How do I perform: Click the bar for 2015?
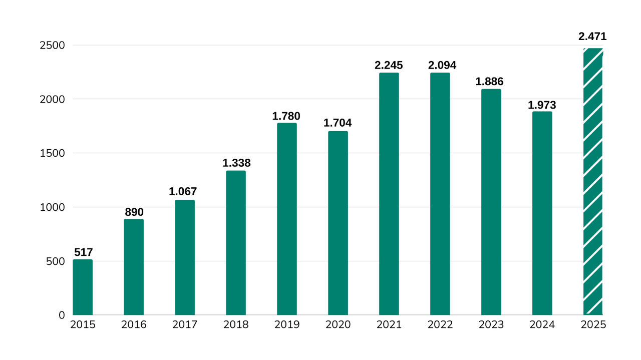83,287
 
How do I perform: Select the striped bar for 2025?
593,181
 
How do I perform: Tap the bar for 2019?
287,219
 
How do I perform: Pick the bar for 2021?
389,194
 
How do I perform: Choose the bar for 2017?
185,257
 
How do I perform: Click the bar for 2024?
542,213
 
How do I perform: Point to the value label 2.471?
592,37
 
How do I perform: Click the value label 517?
83,252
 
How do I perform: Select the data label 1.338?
236,163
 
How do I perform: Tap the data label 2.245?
389,66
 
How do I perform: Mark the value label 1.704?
338,123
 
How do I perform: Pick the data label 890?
134,212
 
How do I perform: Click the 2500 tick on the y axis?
52,46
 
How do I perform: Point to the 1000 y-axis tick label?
52,207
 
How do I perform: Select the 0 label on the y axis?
62,315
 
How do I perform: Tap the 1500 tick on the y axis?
52,153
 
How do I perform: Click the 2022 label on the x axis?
440,325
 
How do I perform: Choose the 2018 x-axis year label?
236,325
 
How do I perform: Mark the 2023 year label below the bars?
491,325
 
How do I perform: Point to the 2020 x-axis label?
338,325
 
